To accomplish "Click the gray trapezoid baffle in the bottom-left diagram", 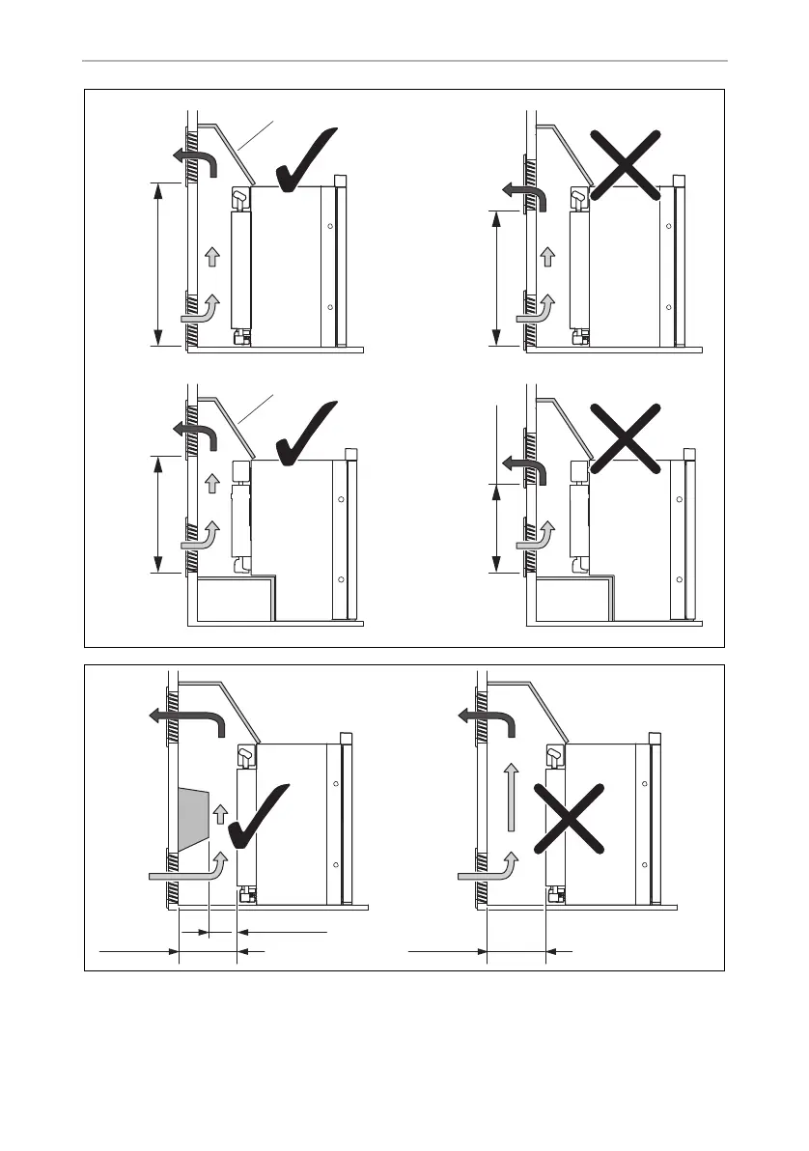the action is (194, 816).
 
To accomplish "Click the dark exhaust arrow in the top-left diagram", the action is (198, 159).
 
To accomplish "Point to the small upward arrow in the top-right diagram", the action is (547, 256).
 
